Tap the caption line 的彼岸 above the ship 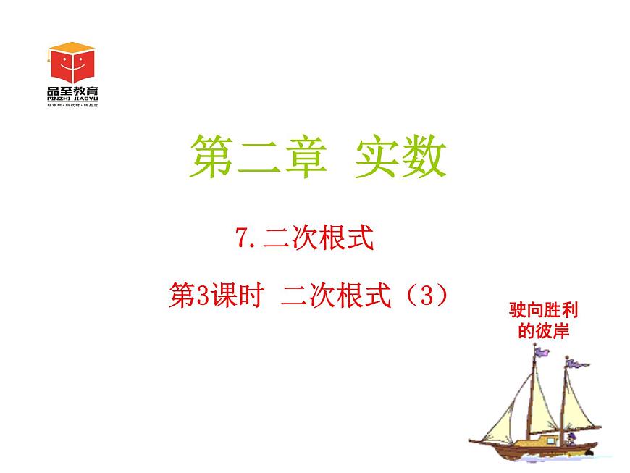pos(545,332)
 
